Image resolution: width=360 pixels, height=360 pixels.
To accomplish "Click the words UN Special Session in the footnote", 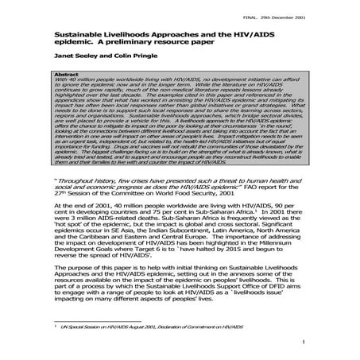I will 86,327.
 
